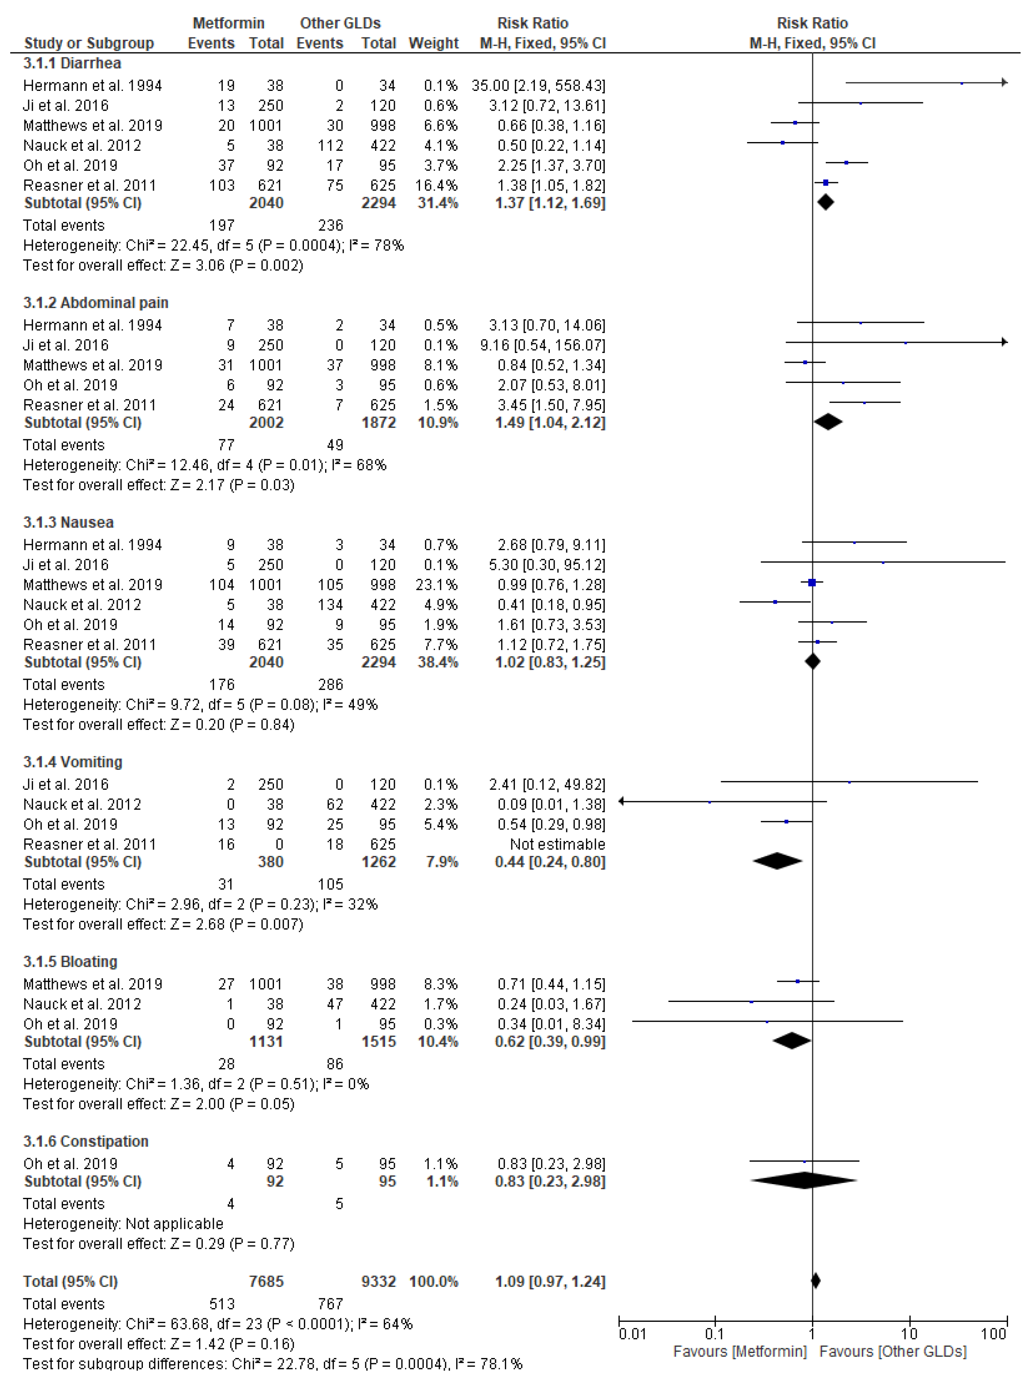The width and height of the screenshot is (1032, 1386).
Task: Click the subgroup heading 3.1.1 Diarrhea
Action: pyautogui.click(x=72, y=63)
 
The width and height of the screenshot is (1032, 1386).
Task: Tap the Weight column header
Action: pyautogui.click(x=433, y=43)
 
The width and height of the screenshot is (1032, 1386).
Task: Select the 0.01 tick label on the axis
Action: pyautogui.click(x=632, y=1334)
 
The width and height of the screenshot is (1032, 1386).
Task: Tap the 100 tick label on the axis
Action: pyautogui.click(x=993, y=1334)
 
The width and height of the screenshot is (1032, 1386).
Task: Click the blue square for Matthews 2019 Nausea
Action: pyautogui.click(x=812, y=583)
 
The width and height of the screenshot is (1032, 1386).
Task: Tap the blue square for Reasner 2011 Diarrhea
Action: pyautogui.click(x=826, y=182)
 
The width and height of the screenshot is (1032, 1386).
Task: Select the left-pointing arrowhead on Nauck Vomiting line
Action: pyautogui.click(x=621, y=801)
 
